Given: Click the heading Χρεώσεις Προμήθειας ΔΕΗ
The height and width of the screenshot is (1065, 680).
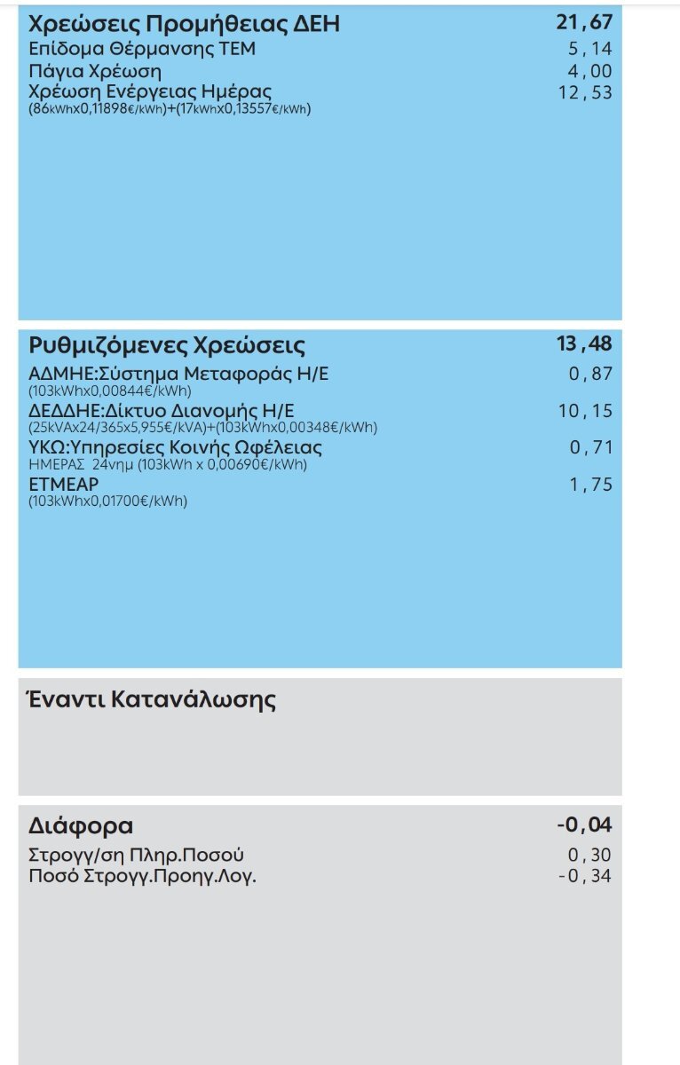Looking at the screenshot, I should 184,24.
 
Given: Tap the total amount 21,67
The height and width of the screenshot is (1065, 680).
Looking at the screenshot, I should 584,23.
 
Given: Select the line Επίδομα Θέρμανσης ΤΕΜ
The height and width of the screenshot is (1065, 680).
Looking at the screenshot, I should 142,49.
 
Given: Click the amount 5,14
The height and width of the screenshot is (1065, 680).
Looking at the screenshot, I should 589,49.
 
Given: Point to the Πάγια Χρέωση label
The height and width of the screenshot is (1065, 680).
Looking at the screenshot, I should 95,71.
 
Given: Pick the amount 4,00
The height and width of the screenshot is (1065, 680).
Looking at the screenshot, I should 589,71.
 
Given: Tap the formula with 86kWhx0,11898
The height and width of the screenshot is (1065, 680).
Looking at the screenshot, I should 170,109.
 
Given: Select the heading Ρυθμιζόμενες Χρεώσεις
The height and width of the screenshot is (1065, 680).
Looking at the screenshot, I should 167,344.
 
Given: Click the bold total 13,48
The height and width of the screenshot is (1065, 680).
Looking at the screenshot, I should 584,343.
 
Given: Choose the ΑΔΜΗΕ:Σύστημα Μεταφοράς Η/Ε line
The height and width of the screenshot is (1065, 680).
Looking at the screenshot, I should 178,374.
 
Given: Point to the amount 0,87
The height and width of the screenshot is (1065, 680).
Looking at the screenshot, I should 589,374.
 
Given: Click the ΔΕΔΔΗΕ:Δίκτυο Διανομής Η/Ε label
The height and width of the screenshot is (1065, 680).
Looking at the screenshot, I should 161,411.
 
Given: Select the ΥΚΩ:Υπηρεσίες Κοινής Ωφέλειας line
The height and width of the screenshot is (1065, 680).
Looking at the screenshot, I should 175,447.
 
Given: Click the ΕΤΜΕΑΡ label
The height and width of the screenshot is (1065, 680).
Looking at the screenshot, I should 63,485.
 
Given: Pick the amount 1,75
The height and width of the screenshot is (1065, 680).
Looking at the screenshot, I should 589,485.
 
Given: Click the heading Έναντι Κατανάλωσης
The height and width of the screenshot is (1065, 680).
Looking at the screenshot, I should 152,699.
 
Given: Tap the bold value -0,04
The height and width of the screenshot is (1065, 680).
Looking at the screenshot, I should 583,825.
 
